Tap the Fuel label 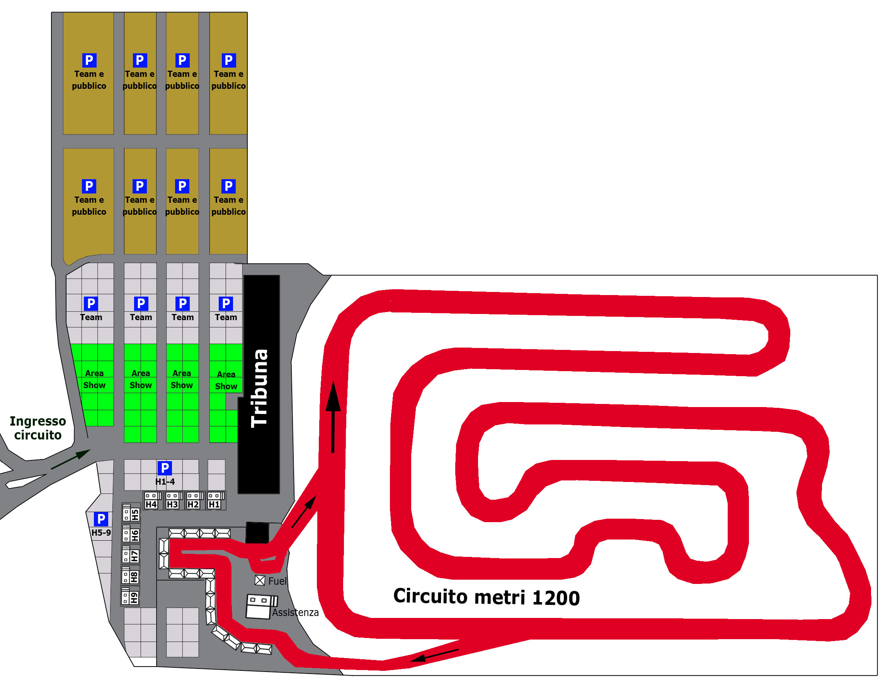[277, 581]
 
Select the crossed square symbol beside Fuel [260, 580]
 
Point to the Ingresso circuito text [37, 428]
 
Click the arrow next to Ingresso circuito [70, 460]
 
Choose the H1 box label [214, 504]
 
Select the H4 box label [151, 504]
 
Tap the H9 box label [134, 597]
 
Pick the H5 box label [135, 515]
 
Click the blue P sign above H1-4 [165, 468]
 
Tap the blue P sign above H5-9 [100, 519]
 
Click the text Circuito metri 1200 [486, 597]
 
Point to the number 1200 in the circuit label [556, 598]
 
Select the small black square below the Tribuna [257, 533]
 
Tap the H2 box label [193, 504]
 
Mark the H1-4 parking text [165, 482]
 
